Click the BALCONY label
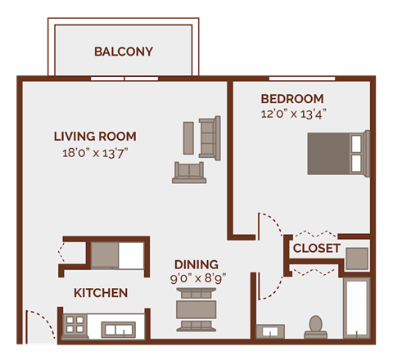click(124, 52)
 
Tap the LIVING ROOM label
click(95, 136)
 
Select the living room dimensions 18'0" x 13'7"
click(95, 152)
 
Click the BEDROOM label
click(292, 98)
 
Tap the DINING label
click(196, 264)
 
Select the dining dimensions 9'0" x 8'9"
click(196, 278)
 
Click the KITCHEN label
click(101, 292)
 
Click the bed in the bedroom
click(333, 151)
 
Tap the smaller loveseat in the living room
click(187, 171)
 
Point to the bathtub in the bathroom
click(357, 309)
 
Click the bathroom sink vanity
click(269, 331)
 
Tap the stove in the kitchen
click(77, 324)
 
